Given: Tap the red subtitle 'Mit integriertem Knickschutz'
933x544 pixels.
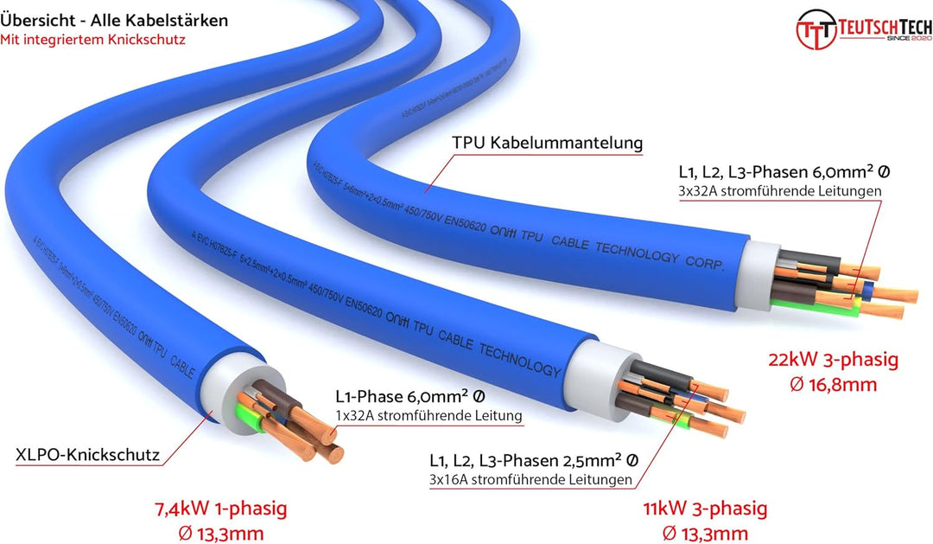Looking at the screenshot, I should pos(92,39).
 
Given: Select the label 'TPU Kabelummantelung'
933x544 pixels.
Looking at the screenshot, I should pos(549,144).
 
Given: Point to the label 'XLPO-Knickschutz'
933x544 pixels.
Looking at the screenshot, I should pos(88,453).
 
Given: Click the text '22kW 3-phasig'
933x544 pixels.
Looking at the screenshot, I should pos(834,359).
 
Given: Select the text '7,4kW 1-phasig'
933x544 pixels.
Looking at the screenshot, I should pos(221,509).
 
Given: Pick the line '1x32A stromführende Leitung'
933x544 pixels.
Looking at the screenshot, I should pos(428,416).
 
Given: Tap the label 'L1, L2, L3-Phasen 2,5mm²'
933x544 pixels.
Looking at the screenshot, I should pos(534,460).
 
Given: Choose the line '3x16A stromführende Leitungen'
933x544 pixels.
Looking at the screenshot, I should pos(530,479).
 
